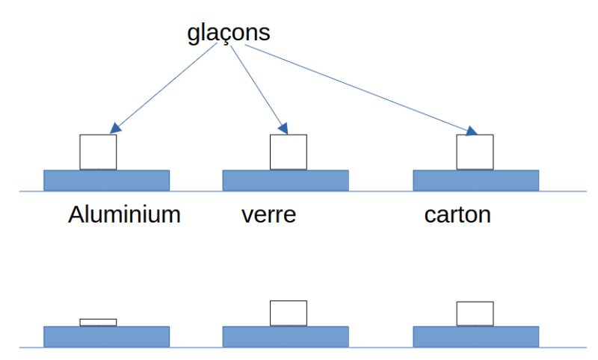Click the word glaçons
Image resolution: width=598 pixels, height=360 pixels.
pos(228,33)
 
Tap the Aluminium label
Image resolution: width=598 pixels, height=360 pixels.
pos(124,215)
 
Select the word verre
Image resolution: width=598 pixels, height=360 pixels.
pos(269,215)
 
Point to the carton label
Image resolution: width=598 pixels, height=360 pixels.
pos(457,215)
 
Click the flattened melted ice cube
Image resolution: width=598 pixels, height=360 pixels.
pos(98,323)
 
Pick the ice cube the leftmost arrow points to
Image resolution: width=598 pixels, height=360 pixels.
pos(98,152)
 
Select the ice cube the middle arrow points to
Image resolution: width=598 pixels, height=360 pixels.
pos(288,152)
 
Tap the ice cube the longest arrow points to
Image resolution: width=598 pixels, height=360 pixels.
pos(475,152)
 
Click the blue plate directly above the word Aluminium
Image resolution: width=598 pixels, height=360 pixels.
pos(106,180)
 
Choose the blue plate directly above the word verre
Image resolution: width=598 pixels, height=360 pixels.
pos(286,180)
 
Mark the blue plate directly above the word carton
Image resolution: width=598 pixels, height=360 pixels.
pos(475,180)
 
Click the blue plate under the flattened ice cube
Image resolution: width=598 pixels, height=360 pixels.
pos(106,336)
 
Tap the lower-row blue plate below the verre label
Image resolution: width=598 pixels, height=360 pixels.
pos(286,336)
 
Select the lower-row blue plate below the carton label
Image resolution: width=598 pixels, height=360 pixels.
pos(475,336)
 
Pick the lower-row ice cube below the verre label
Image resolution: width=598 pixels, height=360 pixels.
pos(288,313)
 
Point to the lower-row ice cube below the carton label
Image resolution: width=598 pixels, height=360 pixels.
pos(475,314)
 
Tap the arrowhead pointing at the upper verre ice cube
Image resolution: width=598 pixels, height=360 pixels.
pos(283,126)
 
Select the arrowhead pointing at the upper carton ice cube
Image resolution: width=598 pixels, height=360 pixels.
pos(470,131)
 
